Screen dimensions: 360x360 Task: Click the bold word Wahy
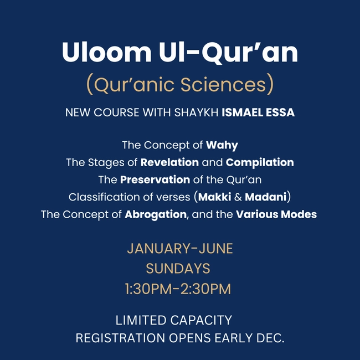click(x=222, y=146)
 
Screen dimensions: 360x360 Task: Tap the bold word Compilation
click(x=260, y=163)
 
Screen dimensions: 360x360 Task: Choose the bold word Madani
click(x=268, y=197)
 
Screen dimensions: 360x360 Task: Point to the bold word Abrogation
click(x=156, y=214)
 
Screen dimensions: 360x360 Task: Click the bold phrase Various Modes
click(x=276, y=214)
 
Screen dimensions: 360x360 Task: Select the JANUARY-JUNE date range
click(x=180, y=249)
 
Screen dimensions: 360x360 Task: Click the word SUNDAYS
click(x=178, y=269)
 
